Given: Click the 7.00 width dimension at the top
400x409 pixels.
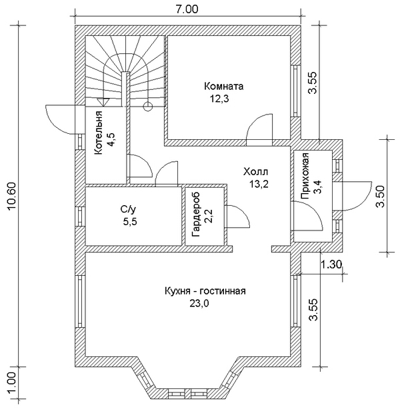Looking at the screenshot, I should pyautogui.click(x=188, y=9).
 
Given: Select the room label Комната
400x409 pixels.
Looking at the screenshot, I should pyautogui.click(x=223, y=87).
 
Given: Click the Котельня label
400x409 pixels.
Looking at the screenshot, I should pyautogui.click(x=99, y=133).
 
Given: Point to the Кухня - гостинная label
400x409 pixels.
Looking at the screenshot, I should pyautogui.click(x=205, y=290).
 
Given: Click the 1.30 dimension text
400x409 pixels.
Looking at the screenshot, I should pyautogui.click(x=331, y=264).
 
